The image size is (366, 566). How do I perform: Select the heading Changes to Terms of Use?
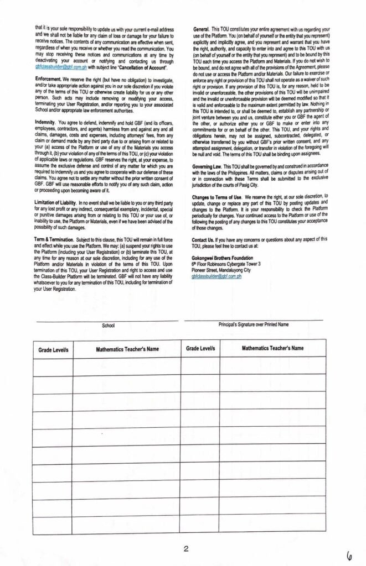[216, 196]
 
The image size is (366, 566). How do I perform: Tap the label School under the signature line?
[109, 326]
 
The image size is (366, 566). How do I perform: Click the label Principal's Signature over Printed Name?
[254, 324]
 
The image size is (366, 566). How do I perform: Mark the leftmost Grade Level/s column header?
[53, 350]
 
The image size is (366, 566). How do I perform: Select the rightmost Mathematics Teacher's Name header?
[272, 348]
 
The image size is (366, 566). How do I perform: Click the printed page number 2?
[186, 548]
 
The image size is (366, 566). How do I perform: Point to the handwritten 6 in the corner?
[349, 554]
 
